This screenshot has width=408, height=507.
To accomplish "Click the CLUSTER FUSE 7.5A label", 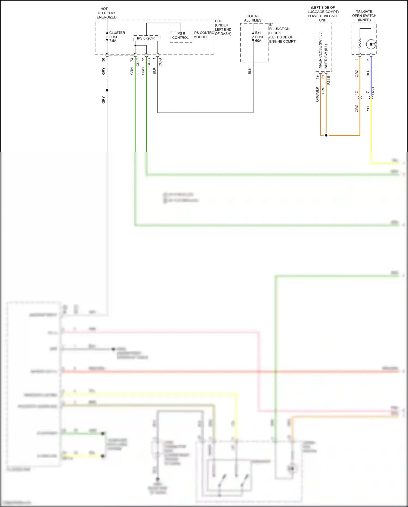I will [117, 37].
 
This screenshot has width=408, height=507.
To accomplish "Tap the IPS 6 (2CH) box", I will [146, 38].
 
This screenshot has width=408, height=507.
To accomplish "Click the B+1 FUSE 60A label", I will [259, 37].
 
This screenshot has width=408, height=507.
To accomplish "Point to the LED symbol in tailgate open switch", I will [371, 44].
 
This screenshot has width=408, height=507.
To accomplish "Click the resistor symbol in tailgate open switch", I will [360, 43].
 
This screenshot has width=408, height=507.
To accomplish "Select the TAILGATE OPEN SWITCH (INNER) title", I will [364, 16].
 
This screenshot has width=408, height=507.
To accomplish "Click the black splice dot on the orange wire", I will [326, 135].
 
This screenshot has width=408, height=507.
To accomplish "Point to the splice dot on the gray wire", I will [107, 90].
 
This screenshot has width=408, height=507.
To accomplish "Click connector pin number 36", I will [103, 59].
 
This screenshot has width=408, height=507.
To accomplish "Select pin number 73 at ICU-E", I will [132, 59].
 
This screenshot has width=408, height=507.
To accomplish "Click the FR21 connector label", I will [373, 91].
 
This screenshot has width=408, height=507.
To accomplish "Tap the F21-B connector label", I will [329, 80].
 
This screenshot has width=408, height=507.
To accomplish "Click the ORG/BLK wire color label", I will [317, 94].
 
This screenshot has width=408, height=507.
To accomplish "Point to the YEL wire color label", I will [368, 108].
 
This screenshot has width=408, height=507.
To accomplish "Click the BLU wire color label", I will [368, 73].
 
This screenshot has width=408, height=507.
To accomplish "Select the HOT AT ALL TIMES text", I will [253, 18].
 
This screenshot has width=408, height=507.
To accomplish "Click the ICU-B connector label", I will [160, 62].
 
